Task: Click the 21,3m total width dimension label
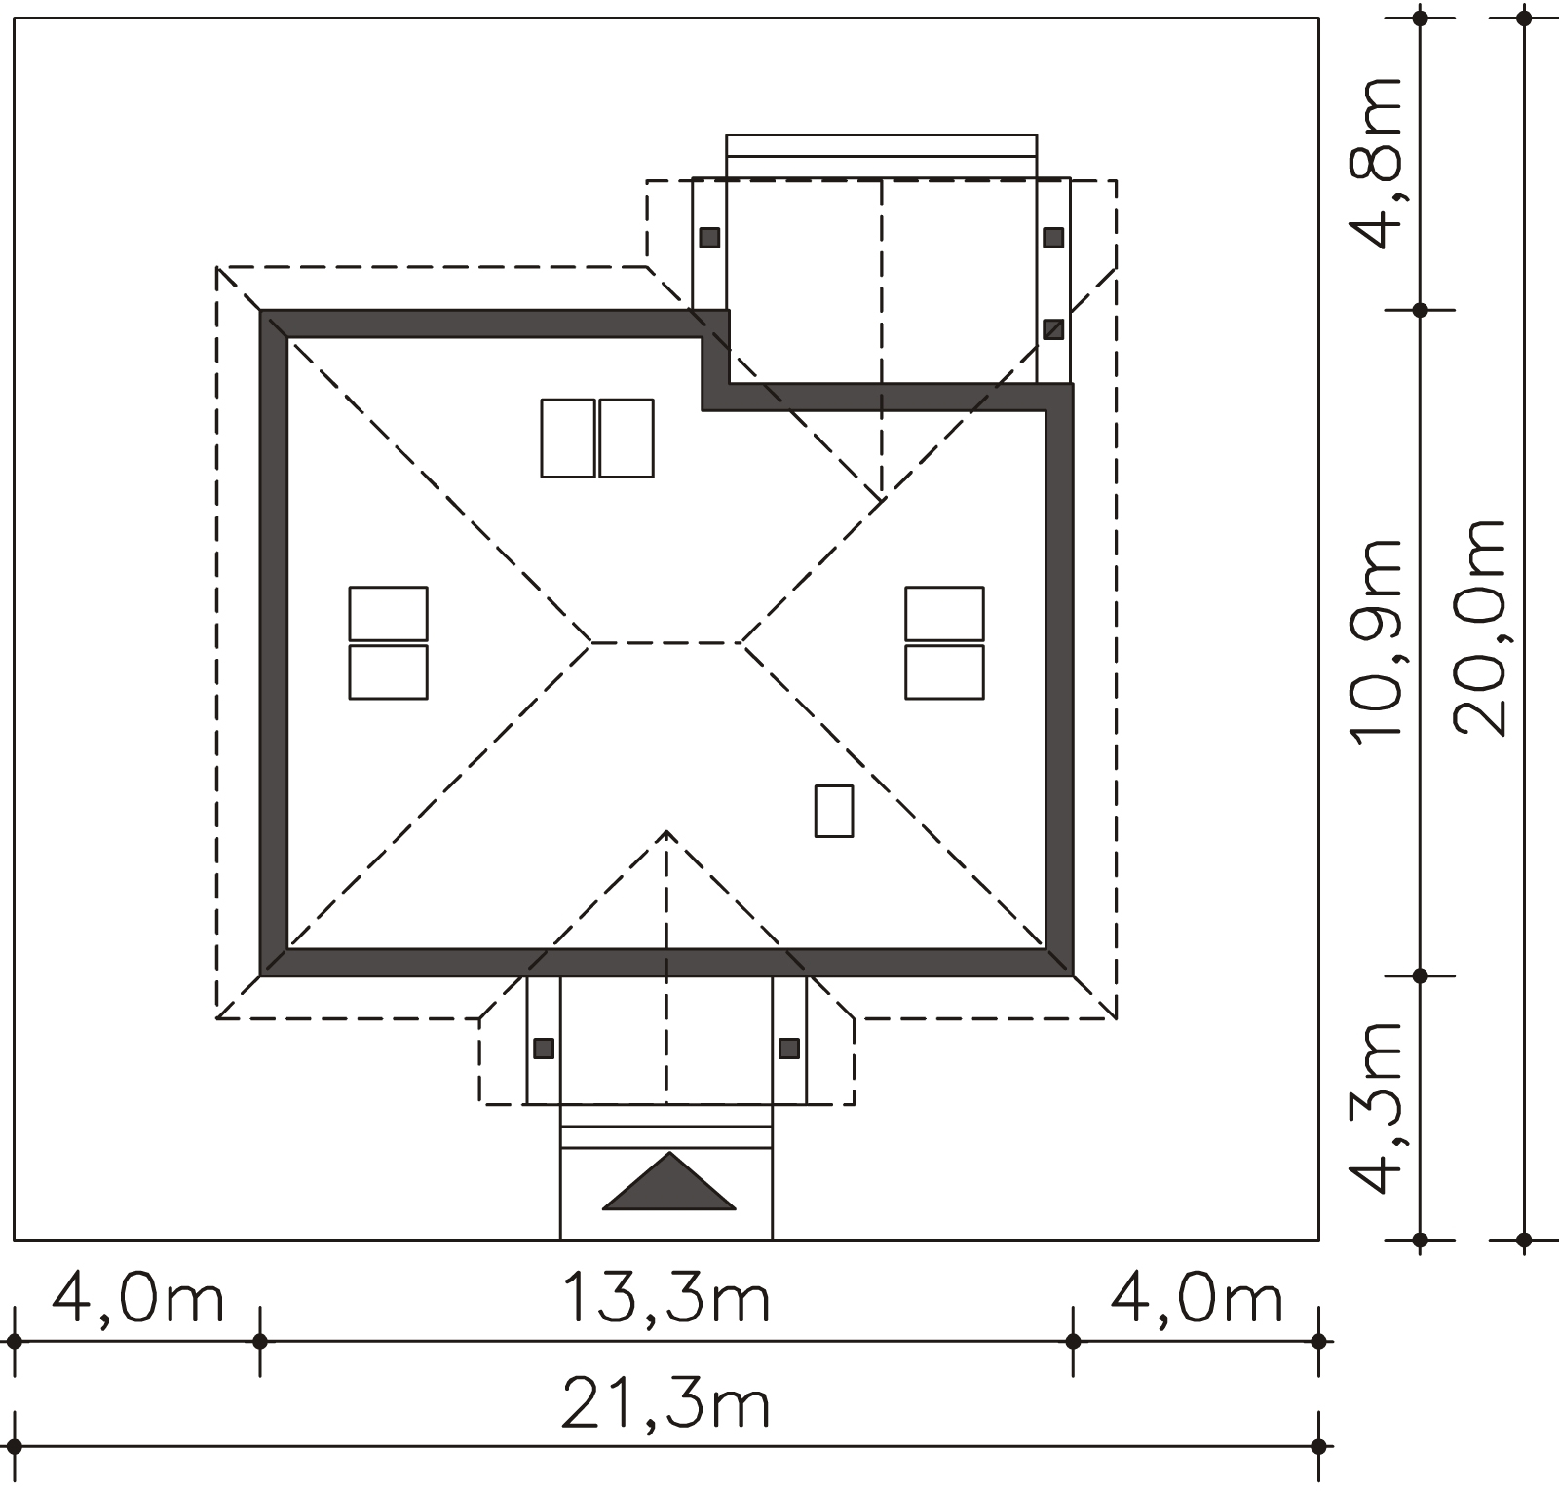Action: coord(666,1404)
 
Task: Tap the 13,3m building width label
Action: coord(666,1298)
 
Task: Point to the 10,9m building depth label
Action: coord(1375,639)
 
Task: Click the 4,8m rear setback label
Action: coord(1375,164)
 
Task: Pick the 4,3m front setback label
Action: coord(1375,1108)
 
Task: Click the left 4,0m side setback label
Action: coord(137,1298)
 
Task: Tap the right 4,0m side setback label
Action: coord(1197,1298)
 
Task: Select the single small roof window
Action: coord(834,811)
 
